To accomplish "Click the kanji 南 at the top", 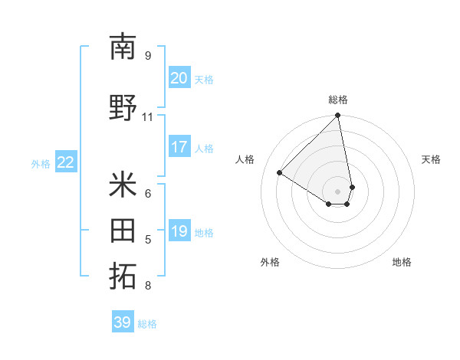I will [x=123, y=47].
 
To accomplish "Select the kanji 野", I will [x=123, y=108].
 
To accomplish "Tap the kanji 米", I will [x=123, y=185].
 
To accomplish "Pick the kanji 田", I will [x=123, y=231].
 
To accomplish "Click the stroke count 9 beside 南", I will [x=147, y=56].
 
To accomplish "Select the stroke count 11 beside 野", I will [x=147, y=117].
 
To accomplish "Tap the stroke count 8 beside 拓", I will [x=147, y=286].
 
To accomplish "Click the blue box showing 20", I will [x=179, y=78].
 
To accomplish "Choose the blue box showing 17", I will [x=179, y=147].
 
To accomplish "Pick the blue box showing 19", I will [x=179, y=231].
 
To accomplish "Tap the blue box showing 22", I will [x=66, y=162].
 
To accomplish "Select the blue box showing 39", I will [x=122, y=322].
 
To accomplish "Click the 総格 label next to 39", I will [x=147, y=324].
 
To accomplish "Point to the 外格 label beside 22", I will [x=41, y=163].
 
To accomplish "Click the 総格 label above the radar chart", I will [x=338, y=100].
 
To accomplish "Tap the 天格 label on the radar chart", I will [x=431, y=159].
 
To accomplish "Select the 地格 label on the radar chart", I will [x=402, y=262].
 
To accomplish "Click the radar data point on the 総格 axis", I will [x=338, y=116].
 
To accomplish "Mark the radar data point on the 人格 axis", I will [x=280, y=172].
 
